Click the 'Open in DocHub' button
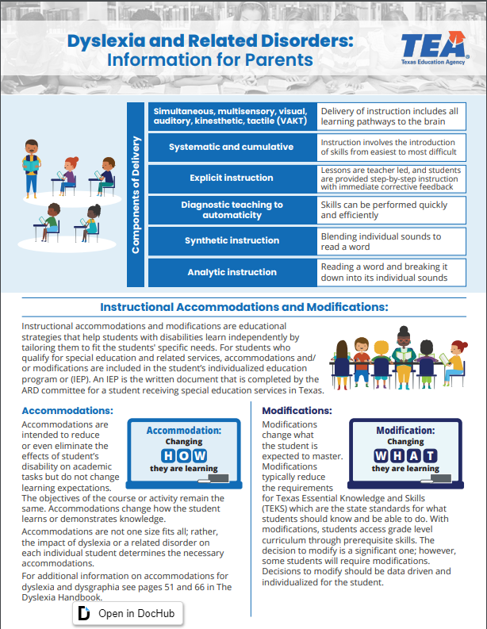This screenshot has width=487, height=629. click(x=128, y=614)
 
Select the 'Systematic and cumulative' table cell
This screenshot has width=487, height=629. click(x=231, y=147)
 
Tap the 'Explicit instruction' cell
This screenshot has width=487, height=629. click(x=231, y=178)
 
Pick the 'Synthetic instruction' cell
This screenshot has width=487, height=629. click(x=231, y=240)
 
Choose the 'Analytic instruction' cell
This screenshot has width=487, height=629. click(x=231, y=272)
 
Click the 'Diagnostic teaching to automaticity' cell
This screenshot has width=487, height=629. click(x=231, y=209)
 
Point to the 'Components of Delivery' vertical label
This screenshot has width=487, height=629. click(x=136, y=194)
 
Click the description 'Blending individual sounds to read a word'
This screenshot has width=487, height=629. click(x=381, y=241)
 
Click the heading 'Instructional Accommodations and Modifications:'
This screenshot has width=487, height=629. click(x=243, y=307)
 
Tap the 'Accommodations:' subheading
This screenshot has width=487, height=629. click(x=67, y=410)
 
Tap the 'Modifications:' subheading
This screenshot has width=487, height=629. click(x=297, y=410)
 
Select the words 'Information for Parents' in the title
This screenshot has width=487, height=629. click(x=209, y=60)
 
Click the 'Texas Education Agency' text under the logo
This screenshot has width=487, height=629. click(x=431, y=61)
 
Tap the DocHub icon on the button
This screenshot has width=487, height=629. click(x=84, y=614)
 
